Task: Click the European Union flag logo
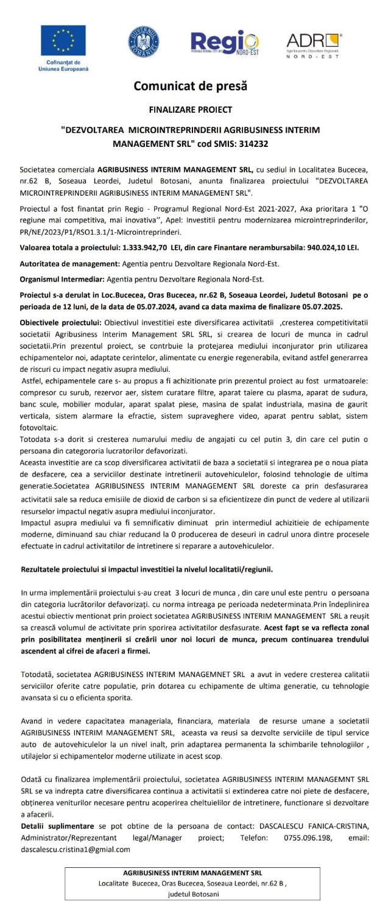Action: (x=63, y=41)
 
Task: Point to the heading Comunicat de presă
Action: (x=190, y=87)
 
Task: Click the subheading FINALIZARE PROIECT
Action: (x=190, y=110)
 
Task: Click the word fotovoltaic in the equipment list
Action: (x=40, y=428)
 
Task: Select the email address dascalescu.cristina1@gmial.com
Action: (x=74, y=849)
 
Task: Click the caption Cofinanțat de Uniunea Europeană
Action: (x=63, y=66)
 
